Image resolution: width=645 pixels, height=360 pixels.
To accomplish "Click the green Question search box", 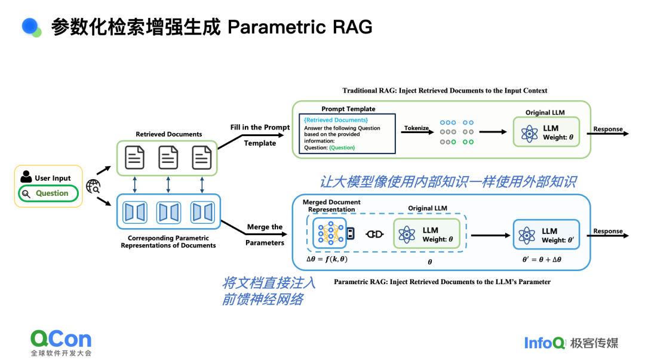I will (48, 193).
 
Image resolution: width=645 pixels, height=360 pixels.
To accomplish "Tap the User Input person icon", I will (26, 177).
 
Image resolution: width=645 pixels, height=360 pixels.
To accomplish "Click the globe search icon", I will (93, 186).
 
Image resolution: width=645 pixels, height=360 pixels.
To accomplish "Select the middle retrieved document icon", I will (168, 158).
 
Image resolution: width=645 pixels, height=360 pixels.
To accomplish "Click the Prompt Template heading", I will (348, 109).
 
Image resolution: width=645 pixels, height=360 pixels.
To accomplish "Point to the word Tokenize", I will (416, 128).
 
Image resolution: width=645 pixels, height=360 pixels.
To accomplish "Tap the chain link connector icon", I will (374, 234).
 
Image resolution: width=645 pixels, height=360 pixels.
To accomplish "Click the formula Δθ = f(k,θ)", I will (328, 259).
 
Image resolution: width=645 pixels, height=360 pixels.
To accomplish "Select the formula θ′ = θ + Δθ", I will (542, 260).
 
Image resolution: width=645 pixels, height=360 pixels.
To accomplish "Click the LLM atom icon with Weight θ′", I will (527, 235).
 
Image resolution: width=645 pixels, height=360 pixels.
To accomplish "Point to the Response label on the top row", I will (607, 129).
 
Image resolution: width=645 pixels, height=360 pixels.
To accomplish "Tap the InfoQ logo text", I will (544, 343).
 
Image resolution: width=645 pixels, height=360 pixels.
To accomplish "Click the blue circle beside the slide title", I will (30, 26).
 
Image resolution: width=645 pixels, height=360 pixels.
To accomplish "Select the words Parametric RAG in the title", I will (300, 27).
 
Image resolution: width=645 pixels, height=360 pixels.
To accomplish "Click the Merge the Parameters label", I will (265, 235).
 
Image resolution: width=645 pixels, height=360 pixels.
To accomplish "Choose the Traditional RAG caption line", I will (444, 91).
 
